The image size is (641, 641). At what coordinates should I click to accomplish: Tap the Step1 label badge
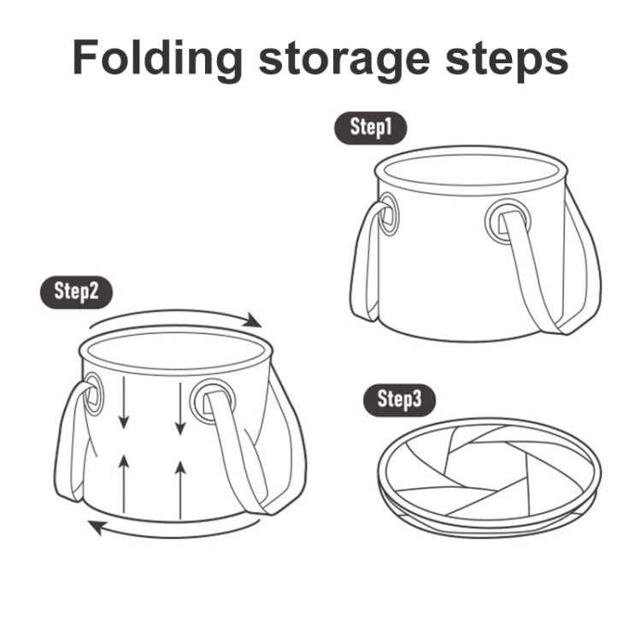(369, 128)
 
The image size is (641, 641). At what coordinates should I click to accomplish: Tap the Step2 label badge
(76, 291)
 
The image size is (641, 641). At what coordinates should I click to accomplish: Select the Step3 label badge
(399, 399)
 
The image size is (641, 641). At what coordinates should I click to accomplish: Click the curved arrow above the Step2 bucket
(175, 317)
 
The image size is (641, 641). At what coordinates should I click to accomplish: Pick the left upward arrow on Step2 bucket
(125, 482)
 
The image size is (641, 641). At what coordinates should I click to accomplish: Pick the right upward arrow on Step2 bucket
(180, 485)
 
